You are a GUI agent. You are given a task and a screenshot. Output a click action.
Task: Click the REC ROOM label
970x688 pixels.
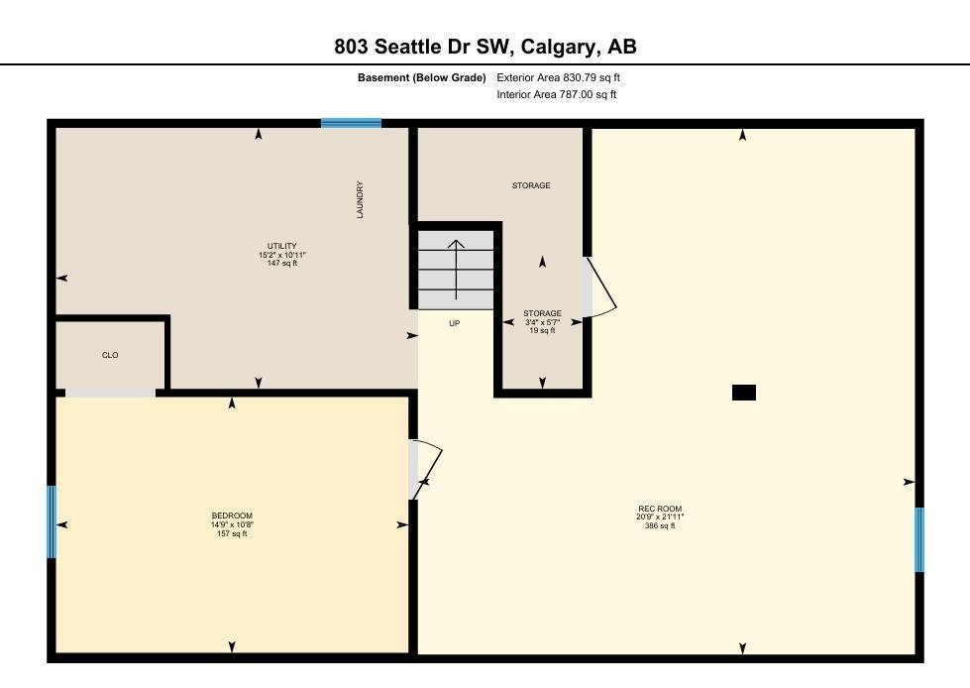pyautogui.click(x=660, y=509)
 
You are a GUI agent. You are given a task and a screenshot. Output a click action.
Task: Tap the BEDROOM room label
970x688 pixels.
pyautogui.click(x=232, y=516)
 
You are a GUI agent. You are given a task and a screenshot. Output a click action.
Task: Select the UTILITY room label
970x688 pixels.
pyautogui.click(x=282, y=246)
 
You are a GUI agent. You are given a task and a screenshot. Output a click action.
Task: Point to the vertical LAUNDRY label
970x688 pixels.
pyautogui.click(x=360, y=200)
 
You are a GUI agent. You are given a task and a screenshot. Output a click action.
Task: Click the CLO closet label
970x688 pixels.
pyautogui.click(x=110, y=355)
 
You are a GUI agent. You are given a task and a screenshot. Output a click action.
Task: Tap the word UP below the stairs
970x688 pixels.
pyautogui.click(x=455, y=323)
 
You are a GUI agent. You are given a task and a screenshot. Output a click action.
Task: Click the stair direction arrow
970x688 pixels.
pyautogui.click(x=457, y=270)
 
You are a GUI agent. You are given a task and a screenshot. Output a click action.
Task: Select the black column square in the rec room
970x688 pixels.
pyautogui.click(x=743, y=393)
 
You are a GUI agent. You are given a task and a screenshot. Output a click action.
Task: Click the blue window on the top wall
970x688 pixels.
pyautogui.click(x=352, y=123)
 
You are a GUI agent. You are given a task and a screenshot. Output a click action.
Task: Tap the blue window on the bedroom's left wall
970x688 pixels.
pyautogui.click(x=52, y=521)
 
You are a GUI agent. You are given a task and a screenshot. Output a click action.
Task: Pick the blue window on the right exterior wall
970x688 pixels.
pyautogui.click(x=919, y=539)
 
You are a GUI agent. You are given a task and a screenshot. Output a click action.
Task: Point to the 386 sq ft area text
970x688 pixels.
pyautogui.click(x=660, y=525)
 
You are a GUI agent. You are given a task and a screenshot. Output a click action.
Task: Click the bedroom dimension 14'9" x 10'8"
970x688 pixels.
pyautogui.click(x=232, y=524)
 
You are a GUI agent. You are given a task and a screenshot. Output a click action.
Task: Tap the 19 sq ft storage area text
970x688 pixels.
pyautogui.click(x=543, y=330)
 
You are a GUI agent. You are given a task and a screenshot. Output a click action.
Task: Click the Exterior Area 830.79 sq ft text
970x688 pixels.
pyautogui.click(x=558, y=78)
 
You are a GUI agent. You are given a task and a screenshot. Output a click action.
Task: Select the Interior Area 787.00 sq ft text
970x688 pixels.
pyautogui.click(x=557, y=94)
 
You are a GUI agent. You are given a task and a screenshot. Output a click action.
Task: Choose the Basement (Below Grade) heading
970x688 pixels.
pyautogui.click(x=422, y=78)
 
